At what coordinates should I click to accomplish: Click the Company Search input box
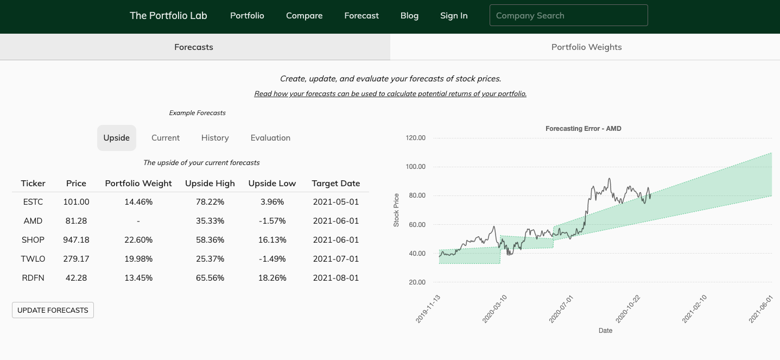point(568,16)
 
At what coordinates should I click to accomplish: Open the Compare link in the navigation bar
point(304,16)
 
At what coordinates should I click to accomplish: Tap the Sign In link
point(454,16)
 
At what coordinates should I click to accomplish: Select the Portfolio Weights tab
point(586,47)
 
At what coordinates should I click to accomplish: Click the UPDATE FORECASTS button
point(53,310)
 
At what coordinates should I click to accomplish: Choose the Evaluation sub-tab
point(270,138)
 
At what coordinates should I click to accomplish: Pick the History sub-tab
point(215,138)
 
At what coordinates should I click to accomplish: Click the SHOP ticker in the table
point(33,240)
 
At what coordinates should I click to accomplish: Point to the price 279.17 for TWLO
point(76,259)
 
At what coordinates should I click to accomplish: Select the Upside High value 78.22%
point(210,202)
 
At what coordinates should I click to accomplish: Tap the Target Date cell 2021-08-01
point(336,278)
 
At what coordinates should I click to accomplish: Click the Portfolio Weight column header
point(138,184)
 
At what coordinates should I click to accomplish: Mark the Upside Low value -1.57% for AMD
point(272,221)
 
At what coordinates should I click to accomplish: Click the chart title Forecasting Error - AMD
point(583,129)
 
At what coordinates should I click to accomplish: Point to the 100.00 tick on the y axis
point(416,167)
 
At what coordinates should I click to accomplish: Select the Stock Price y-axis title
point(396,210)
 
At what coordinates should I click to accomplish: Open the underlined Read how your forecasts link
point(390,94)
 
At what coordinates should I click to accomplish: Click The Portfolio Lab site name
point(168,16)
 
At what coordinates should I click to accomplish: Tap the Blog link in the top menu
point(409,16)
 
